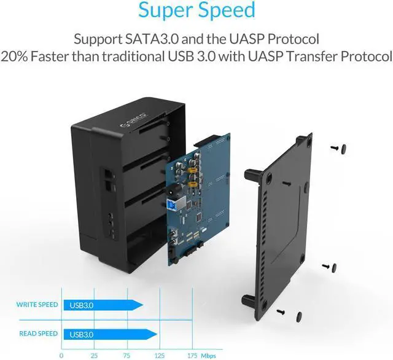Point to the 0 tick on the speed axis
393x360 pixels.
[x=61, y=354]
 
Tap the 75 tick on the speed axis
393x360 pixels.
[x=126, y=354]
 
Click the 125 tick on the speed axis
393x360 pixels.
[x=159, y=354]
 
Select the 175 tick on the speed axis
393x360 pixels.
[x=192, y=354]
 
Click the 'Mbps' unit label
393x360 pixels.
[x=209, y=354]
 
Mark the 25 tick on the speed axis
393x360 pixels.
[x=94, y=354]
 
